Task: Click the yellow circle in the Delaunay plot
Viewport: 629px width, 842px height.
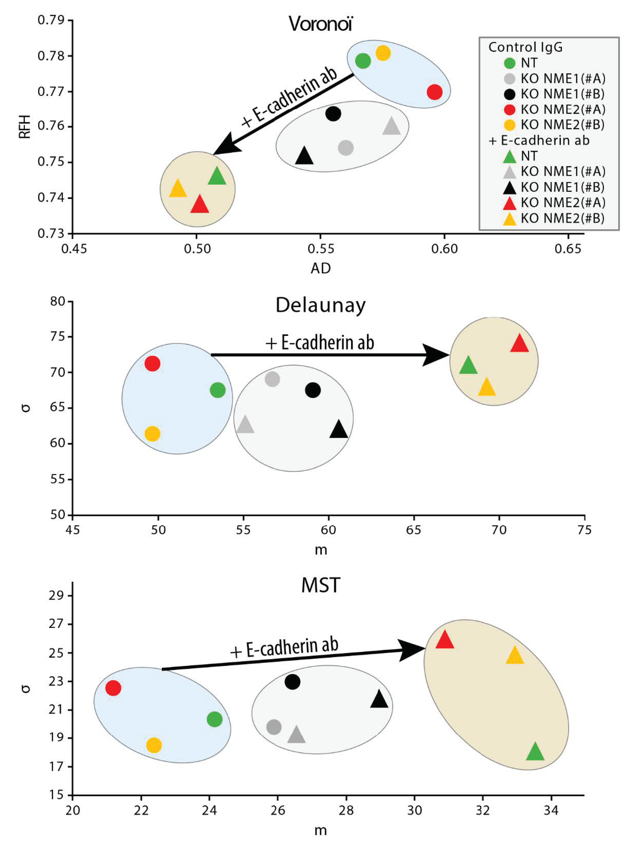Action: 152,434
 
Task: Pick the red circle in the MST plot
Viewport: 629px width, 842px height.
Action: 113,688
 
